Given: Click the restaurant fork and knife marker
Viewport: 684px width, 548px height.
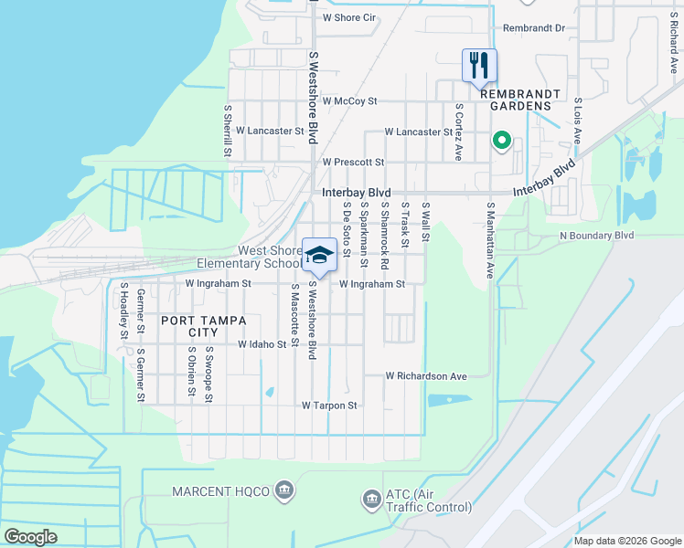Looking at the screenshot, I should pos(479,66).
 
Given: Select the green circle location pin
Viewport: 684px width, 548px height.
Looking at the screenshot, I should pos(501,141).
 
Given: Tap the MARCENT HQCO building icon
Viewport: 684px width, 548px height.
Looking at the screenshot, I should pos(284,491).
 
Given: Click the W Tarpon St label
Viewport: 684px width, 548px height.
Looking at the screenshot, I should pos(329,405).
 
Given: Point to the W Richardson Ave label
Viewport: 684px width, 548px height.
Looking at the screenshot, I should pos(426,375).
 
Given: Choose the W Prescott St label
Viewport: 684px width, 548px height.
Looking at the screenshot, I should pos(353,162).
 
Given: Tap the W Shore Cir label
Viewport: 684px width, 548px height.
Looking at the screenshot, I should pos(350,17).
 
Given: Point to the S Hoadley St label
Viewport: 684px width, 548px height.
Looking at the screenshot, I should pos(123,311).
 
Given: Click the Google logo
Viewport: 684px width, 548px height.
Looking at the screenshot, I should pos(31,537).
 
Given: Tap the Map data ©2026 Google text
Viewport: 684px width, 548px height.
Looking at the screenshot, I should pos(627,541).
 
